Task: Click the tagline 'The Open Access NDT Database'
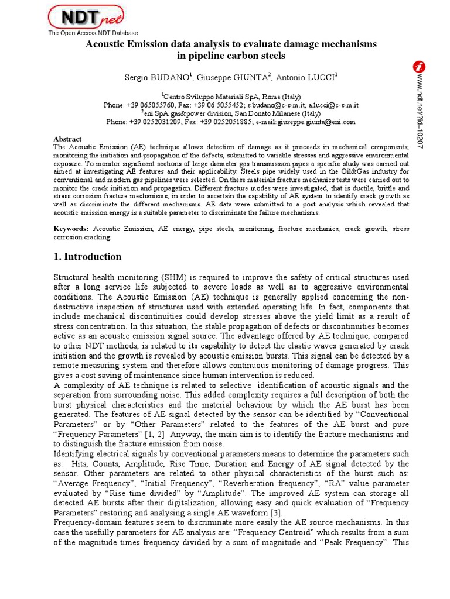point(93,33)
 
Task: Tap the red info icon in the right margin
point(420,67)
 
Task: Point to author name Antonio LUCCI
point(307,77)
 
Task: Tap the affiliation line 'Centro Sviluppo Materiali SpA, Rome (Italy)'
point(232,97)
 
